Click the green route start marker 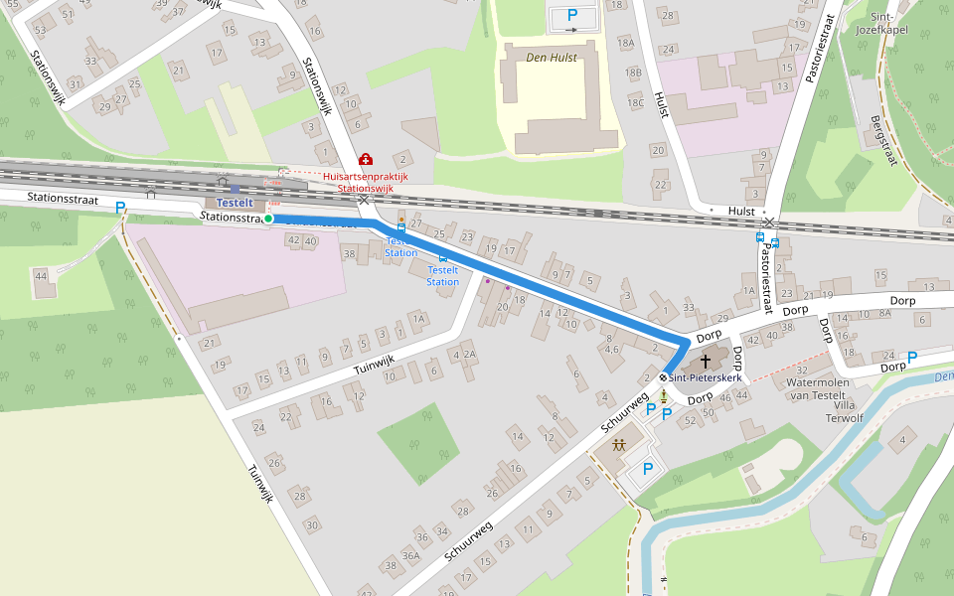268,219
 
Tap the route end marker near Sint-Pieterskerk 663,377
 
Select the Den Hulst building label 552,58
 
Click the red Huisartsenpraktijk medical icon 366,159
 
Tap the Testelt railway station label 236,203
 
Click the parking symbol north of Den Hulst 572,15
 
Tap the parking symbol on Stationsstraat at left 121,208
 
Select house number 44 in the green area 42,275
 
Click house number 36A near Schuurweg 410,556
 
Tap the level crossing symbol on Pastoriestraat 770,222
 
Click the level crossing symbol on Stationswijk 364,200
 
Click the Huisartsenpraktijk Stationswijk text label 366,182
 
